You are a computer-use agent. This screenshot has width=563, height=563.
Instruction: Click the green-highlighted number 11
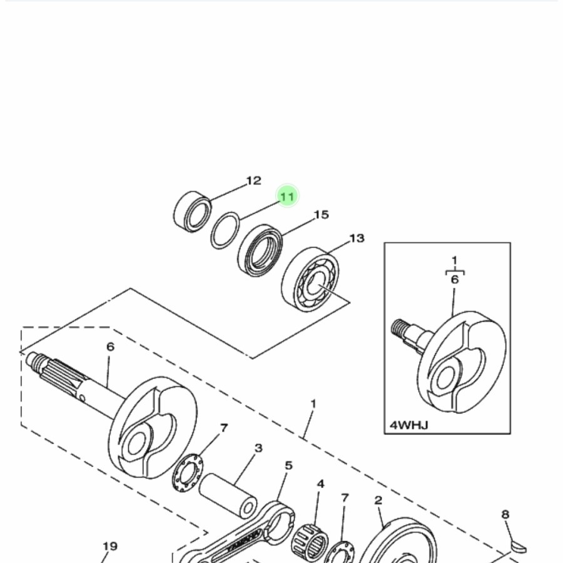(287, 196)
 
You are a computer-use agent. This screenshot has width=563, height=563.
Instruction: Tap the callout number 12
(253, 181)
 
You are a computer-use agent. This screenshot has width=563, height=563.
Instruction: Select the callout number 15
(322, 215)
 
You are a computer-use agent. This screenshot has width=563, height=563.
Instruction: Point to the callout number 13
(357, 238)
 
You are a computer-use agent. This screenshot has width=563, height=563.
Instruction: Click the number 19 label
(110, 546)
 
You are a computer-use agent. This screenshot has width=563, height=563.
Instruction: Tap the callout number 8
(505, 515)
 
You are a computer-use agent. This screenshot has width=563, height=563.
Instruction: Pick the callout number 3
(258, 448)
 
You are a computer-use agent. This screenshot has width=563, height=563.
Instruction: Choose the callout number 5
(288, 465)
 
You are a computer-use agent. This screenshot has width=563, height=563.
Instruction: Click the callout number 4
(321, 484)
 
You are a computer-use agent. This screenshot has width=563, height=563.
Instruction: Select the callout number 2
(378, 500)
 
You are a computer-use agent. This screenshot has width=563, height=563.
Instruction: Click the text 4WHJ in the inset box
(409, 425)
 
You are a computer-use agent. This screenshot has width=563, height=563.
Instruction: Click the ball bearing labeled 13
(310, 279)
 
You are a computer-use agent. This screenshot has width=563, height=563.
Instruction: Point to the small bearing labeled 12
(192, 212)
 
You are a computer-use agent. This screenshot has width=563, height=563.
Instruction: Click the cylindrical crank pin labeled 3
(228, 495)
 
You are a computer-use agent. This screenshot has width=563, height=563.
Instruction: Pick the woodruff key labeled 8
(519, 547)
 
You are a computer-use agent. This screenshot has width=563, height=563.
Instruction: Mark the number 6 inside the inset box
(455, 279)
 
